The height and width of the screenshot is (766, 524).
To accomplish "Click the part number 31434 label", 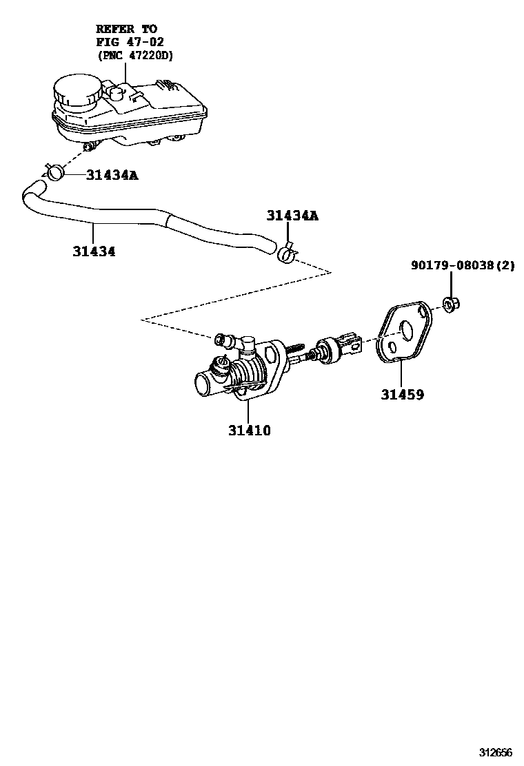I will tap(94, 251).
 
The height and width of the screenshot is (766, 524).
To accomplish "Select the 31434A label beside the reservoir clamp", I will tap(112, 175).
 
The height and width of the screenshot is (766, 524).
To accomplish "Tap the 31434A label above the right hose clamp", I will tap(292, 216).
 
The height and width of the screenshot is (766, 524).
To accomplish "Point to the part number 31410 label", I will tap(250, 431).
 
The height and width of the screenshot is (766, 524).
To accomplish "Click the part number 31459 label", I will tap(402, 395).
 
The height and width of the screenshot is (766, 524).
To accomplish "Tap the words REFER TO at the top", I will tap(126, 29).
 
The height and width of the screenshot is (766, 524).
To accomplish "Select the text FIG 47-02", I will tap(129, 41).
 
